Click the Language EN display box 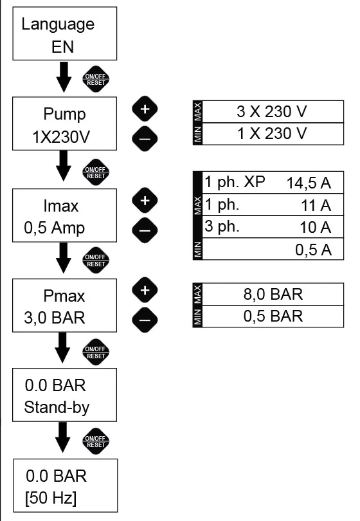point(65,33)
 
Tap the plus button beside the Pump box point(145,109)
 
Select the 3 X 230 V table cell point(273,112)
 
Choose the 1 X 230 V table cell point(273,134)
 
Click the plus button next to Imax point(145,200)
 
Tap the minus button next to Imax point(145,230)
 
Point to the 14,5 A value point(309,183)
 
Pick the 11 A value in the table point(316,205)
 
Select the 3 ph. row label point(222,227)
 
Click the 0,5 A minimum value point(313,250)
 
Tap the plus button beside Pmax point(145,290)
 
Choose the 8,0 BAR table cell point(273,295)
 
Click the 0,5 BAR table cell point(273,316)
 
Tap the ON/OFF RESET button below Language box point(96,79)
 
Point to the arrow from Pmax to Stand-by point(63,347)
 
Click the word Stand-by point(57,407)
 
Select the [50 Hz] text point(51,498)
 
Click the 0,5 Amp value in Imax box point(54,228)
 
